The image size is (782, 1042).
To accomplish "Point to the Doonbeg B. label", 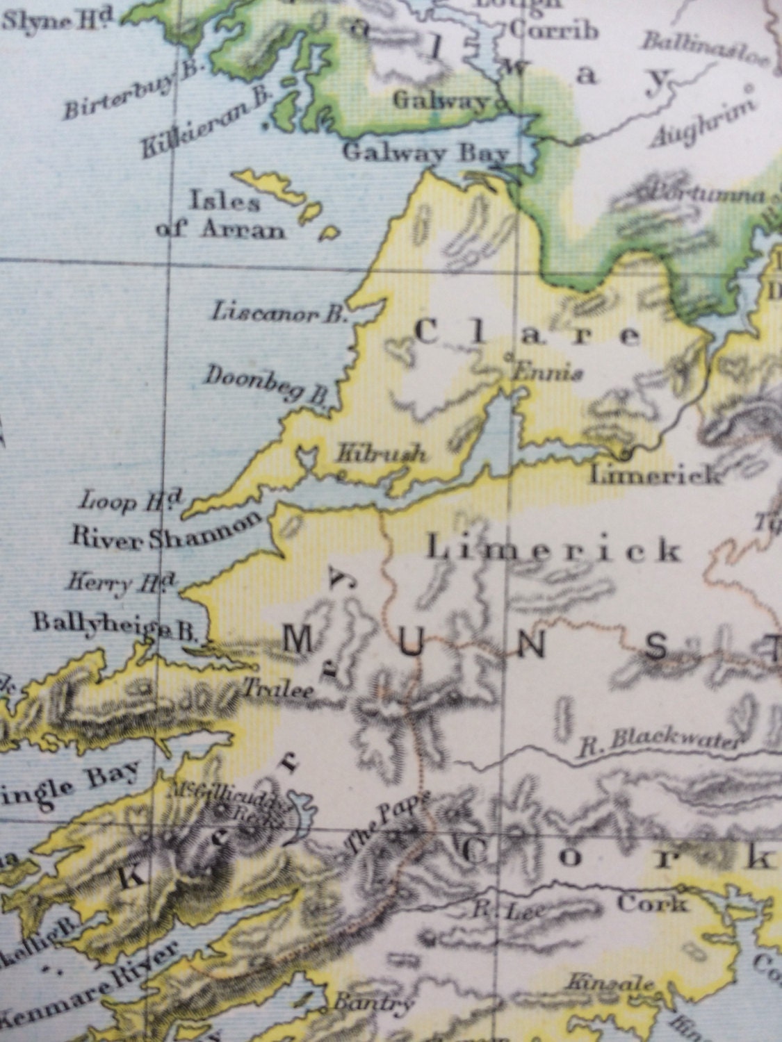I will (266, 384).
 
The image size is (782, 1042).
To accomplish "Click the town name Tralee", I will (278, 689).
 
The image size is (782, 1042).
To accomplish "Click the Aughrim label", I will (703, 124).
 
